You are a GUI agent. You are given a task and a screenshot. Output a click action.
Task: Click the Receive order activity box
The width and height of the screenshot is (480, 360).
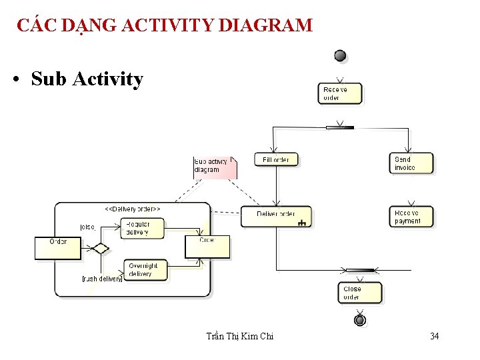(x=340, y=93)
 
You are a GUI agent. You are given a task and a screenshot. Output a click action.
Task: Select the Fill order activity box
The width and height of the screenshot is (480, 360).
(x=276, y=159)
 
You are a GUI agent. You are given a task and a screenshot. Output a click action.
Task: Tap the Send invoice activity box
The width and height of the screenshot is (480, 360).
(x=411, y=163)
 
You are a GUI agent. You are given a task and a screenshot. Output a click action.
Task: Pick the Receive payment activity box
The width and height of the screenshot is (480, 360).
(x=411, y=217)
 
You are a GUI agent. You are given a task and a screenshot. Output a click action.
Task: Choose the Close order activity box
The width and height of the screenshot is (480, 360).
(x=359, y=293)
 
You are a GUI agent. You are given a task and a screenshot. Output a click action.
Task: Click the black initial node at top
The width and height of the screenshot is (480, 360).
(x=340, y=56)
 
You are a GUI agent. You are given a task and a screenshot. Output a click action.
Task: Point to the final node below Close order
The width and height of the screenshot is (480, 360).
(x=360, y=321)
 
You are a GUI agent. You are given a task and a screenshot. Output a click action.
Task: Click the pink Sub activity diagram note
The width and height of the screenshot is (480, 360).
(x=213, y=167)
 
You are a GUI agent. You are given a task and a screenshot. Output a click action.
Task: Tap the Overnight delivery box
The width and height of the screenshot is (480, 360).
(x=145, y=269)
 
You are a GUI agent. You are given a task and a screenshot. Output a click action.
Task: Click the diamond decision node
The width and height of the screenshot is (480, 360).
(x=100, y=249)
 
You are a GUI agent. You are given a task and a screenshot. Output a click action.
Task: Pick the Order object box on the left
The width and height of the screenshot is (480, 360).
(x=59, y=248)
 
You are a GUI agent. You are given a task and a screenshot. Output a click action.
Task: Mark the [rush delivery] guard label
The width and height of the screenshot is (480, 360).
(x=101, y=279)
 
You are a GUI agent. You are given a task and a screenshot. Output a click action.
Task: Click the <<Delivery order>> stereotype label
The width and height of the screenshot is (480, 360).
(x=133, y=209)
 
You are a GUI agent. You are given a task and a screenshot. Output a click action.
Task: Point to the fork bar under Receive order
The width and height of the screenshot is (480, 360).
(x=340, y=127)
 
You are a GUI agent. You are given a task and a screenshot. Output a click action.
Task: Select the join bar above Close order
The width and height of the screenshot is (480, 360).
(x=360, y=270)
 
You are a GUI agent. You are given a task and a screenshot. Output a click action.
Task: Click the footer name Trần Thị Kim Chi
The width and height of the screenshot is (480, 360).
(x=240, y=337)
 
